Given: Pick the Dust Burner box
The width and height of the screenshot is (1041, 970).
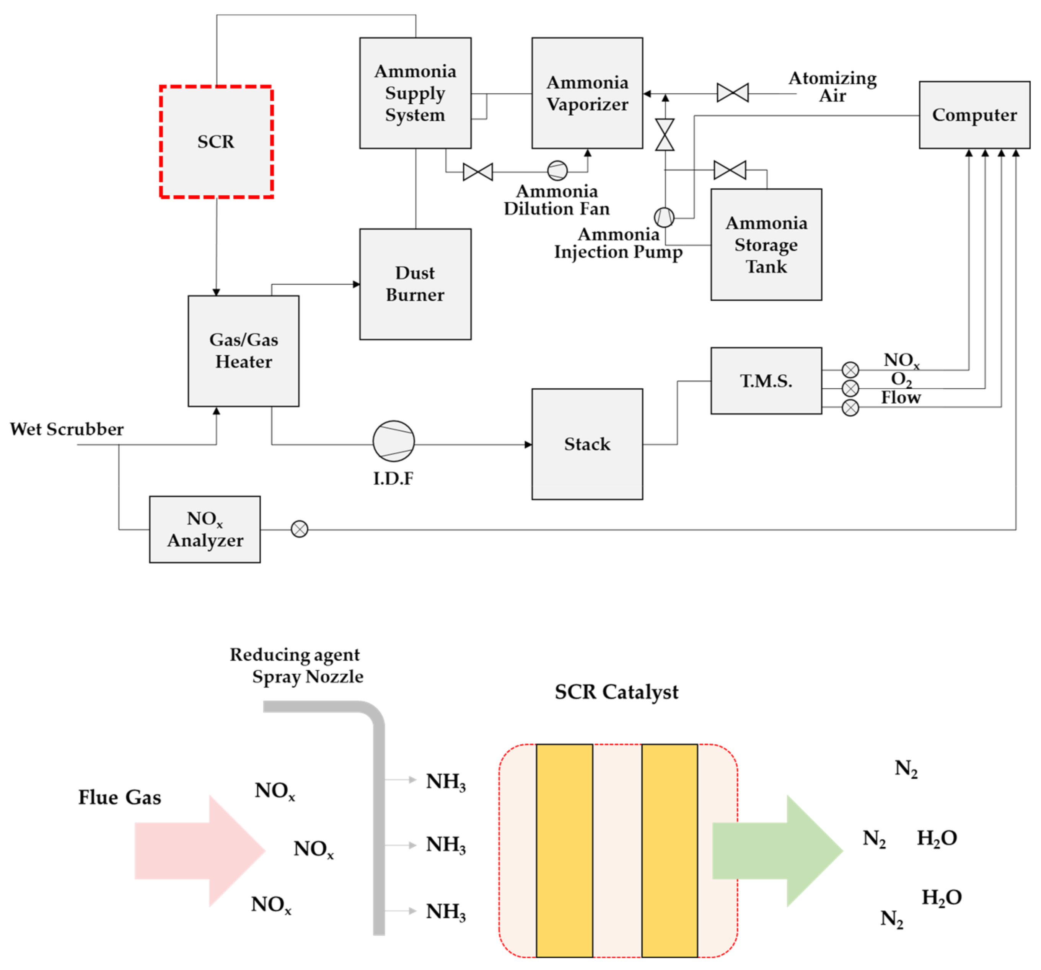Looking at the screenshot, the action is point(415,284).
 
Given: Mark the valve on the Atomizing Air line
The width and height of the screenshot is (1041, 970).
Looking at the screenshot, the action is point(733,93).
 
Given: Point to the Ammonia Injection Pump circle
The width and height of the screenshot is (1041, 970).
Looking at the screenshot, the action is point(664,217).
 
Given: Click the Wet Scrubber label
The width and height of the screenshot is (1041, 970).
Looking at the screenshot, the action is point(67,429).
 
